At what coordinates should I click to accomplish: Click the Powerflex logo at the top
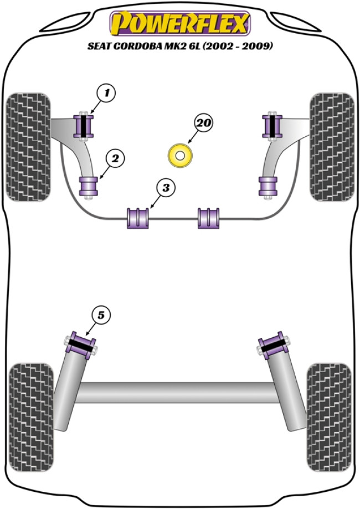coord(180,23)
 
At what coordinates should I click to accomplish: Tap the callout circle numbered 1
coord(106,93)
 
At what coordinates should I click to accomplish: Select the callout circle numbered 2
coord(115,159)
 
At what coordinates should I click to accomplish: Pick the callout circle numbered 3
coord(164,188)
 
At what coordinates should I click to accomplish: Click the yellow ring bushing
coord(180,156)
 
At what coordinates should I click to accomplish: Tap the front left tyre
coord(28,147)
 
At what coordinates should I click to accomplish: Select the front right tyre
coord(332,147)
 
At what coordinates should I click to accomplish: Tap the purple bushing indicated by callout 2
coord(89,186)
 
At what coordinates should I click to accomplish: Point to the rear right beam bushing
coord(272,346)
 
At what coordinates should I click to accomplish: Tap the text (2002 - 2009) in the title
coord(240,47)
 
